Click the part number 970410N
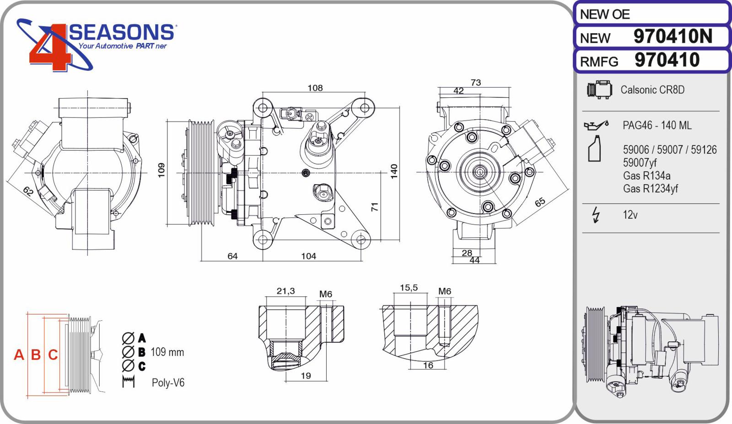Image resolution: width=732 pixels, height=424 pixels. [673, 36]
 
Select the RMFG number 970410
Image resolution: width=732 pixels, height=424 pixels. [667, 60]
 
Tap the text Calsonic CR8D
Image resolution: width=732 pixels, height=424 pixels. [652, 90]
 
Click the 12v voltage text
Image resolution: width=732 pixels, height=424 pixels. [630, 215]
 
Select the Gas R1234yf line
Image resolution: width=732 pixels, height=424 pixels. [650, 189]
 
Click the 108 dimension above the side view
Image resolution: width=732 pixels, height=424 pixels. [315, 88]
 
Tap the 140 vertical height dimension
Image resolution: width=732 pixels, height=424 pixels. [394, 171]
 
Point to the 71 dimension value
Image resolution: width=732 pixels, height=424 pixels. [375, 207]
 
